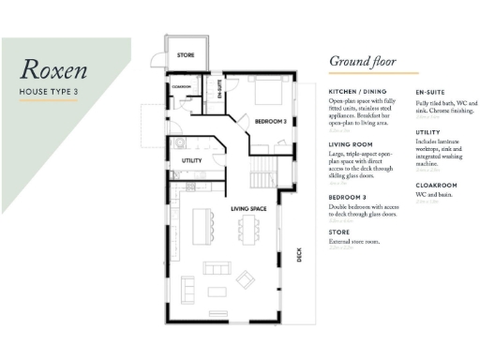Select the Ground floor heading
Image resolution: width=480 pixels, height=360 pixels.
click(360, 62)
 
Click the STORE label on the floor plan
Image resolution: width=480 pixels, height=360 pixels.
click(186, 56)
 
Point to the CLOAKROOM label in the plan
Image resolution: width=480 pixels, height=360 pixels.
click(182, 87)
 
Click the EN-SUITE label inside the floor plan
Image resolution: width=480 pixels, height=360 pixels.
click(218, 91)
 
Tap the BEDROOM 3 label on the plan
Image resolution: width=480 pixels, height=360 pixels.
click(271, 120)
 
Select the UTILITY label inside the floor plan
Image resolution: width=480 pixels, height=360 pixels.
click(193, 160)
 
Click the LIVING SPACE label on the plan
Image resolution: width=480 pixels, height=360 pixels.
click(250, 207)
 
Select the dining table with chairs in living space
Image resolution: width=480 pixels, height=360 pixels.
click(250, 231)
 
